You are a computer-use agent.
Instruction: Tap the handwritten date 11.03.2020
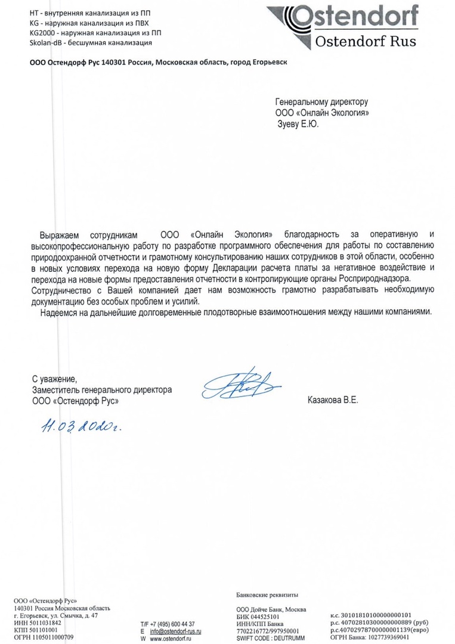tap(83, 426)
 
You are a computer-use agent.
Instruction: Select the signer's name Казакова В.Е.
tap(332, 401)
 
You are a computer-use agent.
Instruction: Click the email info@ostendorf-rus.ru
tap(176, 630)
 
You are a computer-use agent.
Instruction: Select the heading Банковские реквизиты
tap(267, 595)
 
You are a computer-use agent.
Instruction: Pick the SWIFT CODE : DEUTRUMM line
tap(270, 637)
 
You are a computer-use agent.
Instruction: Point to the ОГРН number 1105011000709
tap(47, 637)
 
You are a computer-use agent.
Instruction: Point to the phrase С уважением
tap(55, 379)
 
